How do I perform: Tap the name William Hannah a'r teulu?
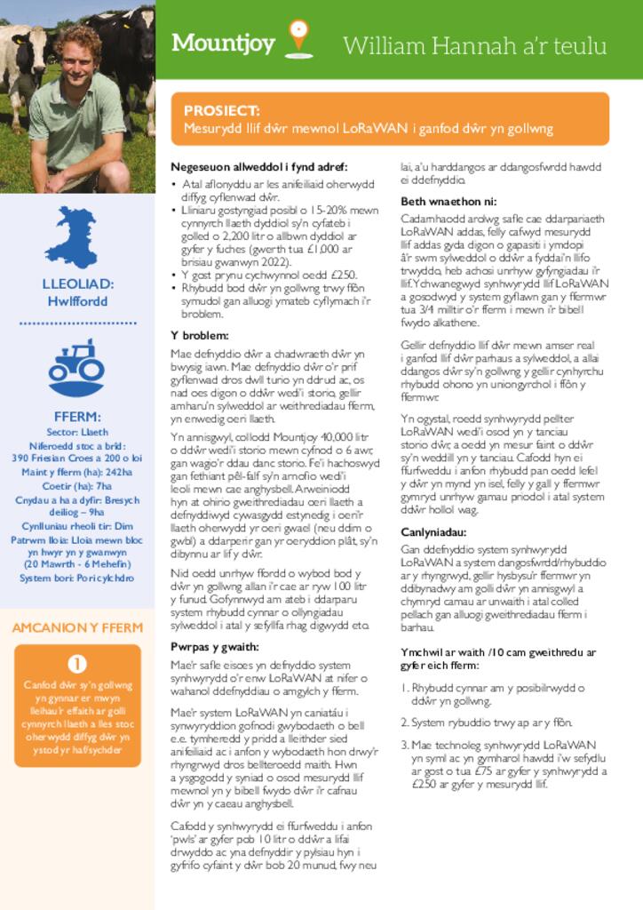pyautogui.click(x=474, y=45)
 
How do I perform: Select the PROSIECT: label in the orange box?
pyautogui.click(x=222, y=110)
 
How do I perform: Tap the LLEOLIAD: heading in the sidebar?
pyautogui.click(x=77, y=284)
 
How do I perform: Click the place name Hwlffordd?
pyautogui.click(x=77, y=301)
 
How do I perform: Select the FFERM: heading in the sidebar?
pyautogui.click(x=77, y=416)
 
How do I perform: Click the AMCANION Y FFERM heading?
pyautogui.click(x=77, y=627)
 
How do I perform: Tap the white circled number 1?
pyautogui.click(x=77, y=662)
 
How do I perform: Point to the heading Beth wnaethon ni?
pyautogui.click(x=449, y=201)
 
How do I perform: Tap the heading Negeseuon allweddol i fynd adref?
pyautogui.click(x=258, y=167)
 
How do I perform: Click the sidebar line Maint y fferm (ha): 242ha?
pyautogui.click(x=77, y=472)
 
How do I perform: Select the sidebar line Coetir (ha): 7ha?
pyautogui.click(x=77, y=486)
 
